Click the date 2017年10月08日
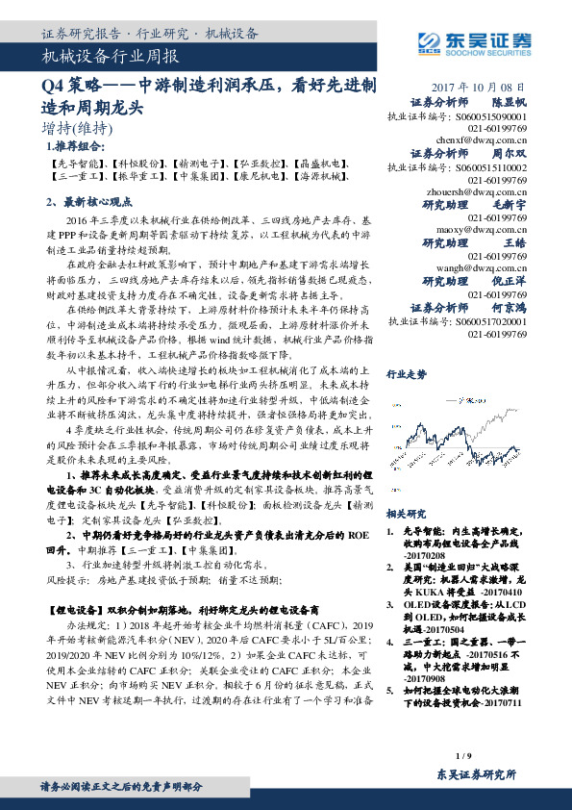click(477, 86)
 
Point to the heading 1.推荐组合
click(76, 147)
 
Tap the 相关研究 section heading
click(406, 514)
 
